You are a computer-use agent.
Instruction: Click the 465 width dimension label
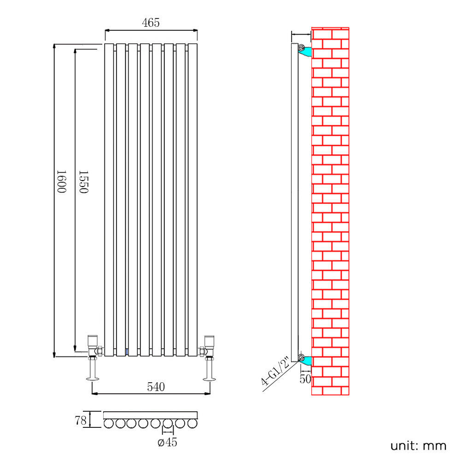pyautogui.click(x=151, y=23)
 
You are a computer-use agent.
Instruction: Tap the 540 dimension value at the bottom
pyautogui.click(x=156, y=387)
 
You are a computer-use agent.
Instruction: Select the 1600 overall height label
pyautogui.click(x=62, y=181)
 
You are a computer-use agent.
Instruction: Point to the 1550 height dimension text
pyautogui.click(x=83, y=181)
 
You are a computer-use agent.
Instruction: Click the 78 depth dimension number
pyautogui.click(x=81, y=420)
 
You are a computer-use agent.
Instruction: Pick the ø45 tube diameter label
pyautogui.click(x=167, y=443)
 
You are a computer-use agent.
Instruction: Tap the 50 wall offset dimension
pyautogui.click(x=305, y=379)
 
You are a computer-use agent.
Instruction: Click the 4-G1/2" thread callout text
pyautogui.click(x=275, y=371)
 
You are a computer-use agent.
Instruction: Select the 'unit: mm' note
pyautogui.click(x=418, y=446)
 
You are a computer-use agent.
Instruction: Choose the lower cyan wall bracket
pyautogui.click(x=306, y=361)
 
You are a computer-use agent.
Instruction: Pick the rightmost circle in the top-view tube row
pyautogui.click(x=193, y=423)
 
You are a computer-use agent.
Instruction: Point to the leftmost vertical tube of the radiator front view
pyautogui.click(x=109, y=198)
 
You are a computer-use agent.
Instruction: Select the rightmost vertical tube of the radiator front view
pyautogui.click(x=193, y=198)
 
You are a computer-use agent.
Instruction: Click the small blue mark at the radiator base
pyautogui.click(x=127, y=352)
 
